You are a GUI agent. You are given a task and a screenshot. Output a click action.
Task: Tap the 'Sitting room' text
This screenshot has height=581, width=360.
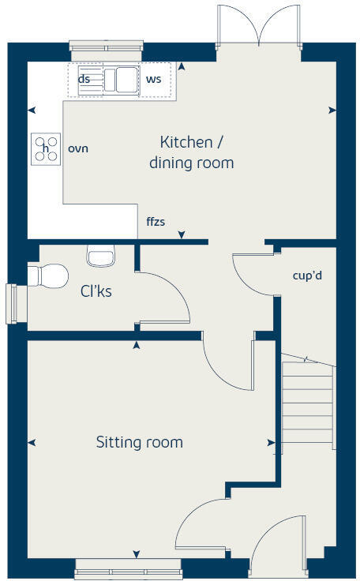139,442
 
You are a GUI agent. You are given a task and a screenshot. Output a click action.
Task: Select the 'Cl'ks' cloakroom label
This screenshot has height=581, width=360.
96,291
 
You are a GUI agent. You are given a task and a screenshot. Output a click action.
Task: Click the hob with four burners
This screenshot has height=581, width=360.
46,148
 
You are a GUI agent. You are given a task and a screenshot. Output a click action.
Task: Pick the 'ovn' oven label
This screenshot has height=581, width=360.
78,148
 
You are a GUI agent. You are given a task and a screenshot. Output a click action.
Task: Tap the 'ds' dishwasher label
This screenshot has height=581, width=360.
84,79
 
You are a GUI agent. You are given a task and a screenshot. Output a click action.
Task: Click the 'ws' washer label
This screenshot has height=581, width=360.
153,80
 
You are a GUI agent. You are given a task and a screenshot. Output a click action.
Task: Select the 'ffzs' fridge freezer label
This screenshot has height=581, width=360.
155,222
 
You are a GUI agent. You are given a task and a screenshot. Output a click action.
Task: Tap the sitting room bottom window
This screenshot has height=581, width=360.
128,568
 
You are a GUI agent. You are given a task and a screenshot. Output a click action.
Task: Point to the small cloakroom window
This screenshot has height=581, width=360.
11,304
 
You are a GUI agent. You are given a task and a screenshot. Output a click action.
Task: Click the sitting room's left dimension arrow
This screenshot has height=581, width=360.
32,442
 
